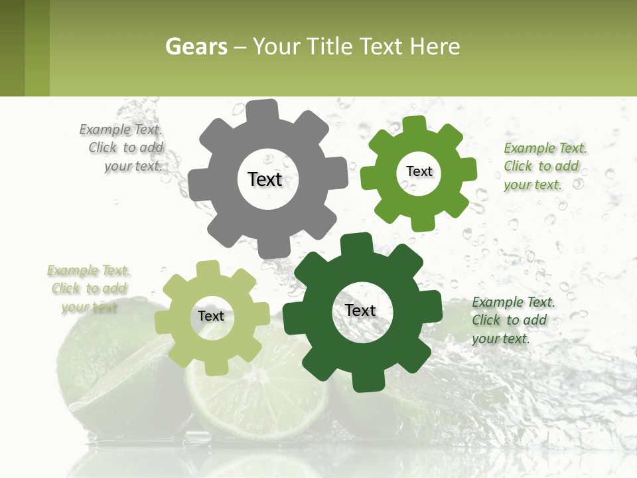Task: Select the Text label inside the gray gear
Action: pos(265,179)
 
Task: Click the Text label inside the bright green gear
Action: pos(419,171)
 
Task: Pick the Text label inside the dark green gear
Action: pos(360,310)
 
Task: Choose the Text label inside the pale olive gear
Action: pos(211,316)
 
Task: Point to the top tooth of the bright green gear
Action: pos(413,123)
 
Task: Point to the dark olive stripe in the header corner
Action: pos(12,48)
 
